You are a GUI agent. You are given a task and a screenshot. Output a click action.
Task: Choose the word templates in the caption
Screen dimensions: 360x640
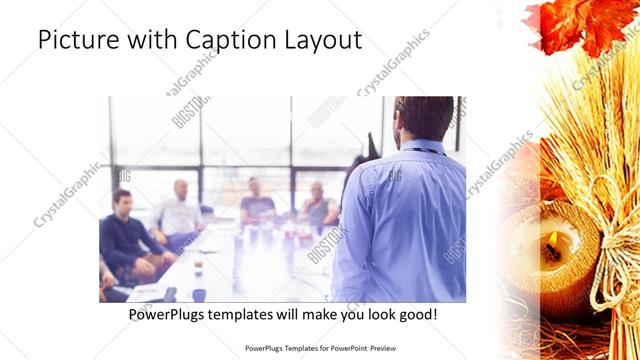249,315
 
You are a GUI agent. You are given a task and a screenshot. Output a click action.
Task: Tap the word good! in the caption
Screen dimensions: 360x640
417,315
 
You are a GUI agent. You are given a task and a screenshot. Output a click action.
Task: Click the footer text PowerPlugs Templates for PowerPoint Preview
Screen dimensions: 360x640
319,349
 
